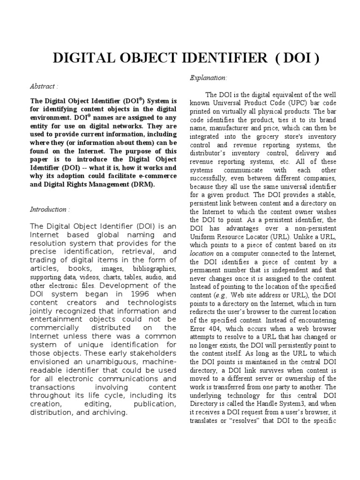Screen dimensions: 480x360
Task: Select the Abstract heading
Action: (x=45, y=86)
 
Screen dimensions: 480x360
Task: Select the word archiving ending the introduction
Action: (x=109, y=412)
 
